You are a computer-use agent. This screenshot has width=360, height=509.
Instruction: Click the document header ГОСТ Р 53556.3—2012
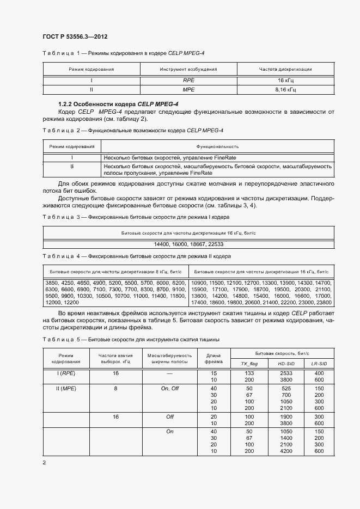[x=75, y=37]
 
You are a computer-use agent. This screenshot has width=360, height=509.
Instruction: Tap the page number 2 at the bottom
[x=44, y=462]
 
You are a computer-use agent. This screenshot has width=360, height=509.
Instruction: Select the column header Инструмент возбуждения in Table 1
[x=188, y=69]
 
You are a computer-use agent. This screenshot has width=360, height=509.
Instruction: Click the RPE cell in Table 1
[x=188, y=80]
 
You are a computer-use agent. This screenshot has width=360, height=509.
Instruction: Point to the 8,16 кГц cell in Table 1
[x=286, y=90]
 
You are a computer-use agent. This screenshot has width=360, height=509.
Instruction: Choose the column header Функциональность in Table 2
[x=217, y=146]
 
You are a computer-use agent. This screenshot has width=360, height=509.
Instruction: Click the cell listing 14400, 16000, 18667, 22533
[x=188, y=244]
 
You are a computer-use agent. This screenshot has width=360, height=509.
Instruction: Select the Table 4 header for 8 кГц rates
[x=115, y=271]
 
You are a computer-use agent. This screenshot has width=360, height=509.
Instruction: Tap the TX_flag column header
[x=249, y=363]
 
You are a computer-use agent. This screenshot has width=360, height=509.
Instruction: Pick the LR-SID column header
[x=319, y=363]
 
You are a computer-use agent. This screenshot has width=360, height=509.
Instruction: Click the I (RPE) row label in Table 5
[x=66, y=373]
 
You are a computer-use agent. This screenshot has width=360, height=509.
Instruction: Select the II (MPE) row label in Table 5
[x=66, y=388]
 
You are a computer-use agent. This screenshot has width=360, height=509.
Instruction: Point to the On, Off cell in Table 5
[x=169, y=388]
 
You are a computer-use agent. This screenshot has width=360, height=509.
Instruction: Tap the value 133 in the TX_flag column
[x=249, y=373]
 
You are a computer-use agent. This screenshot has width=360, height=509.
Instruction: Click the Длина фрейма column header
[x=213, y=358]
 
